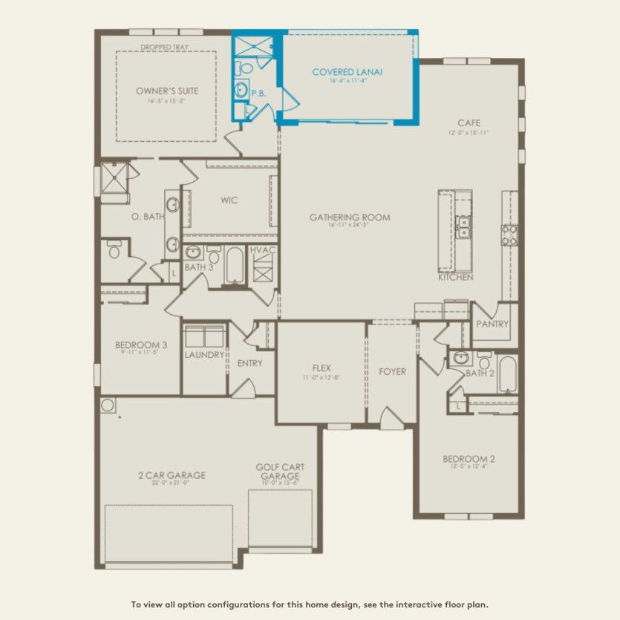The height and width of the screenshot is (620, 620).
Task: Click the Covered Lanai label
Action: (x=347, y=72)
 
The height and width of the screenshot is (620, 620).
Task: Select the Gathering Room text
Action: (x=350, y=218)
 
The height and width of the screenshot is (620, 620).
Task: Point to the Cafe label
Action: (x=469, y=123)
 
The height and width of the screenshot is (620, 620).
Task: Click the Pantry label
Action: (x=492, y=324)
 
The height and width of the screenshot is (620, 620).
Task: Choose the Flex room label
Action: (x=321, y=368)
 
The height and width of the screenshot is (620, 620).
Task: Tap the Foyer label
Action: (x=392, y=371)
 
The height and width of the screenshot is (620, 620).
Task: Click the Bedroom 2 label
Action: (x=469, y=459)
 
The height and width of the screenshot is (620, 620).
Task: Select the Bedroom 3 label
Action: (x=140, y=345)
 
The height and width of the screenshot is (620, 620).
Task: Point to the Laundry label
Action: (x=204, y=355)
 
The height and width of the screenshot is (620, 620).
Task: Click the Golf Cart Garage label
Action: (x=280, y=471)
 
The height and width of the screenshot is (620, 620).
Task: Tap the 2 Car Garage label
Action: (x=172, y=475)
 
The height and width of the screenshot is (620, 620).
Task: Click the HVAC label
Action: (x=263, y=250)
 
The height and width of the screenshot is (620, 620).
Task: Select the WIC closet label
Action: (x=229, y=200)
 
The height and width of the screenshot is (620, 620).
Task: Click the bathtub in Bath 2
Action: (x=507, y=374)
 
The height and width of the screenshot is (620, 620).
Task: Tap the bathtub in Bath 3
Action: (x=235, y=266)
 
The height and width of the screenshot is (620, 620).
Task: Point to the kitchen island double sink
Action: (x=463, y=226)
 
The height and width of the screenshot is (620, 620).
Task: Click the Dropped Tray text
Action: (x=164, y=47)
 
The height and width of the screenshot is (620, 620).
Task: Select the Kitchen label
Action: (x=455, y=277)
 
